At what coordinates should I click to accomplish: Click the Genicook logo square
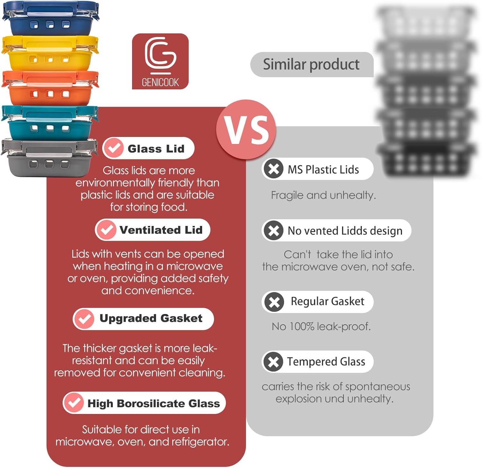160,61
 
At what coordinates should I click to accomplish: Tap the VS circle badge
246,130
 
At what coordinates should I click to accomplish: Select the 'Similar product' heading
311,64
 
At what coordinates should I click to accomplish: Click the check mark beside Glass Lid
113,148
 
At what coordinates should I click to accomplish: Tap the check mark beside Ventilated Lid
106,230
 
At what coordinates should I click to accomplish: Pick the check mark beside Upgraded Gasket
84,319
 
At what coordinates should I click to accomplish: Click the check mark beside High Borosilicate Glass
74,403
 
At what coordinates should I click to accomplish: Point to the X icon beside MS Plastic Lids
273,169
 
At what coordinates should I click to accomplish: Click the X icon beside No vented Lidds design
273,230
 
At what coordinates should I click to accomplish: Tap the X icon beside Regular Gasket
274,301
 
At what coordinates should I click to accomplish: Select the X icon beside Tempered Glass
273,361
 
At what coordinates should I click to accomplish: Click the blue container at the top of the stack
50,19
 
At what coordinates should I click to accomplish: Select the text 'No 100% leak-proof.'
321,327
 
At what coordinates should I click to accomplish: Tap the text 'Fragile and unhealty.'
323,195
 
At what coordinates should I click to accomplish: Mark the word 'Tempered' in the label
312,362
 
